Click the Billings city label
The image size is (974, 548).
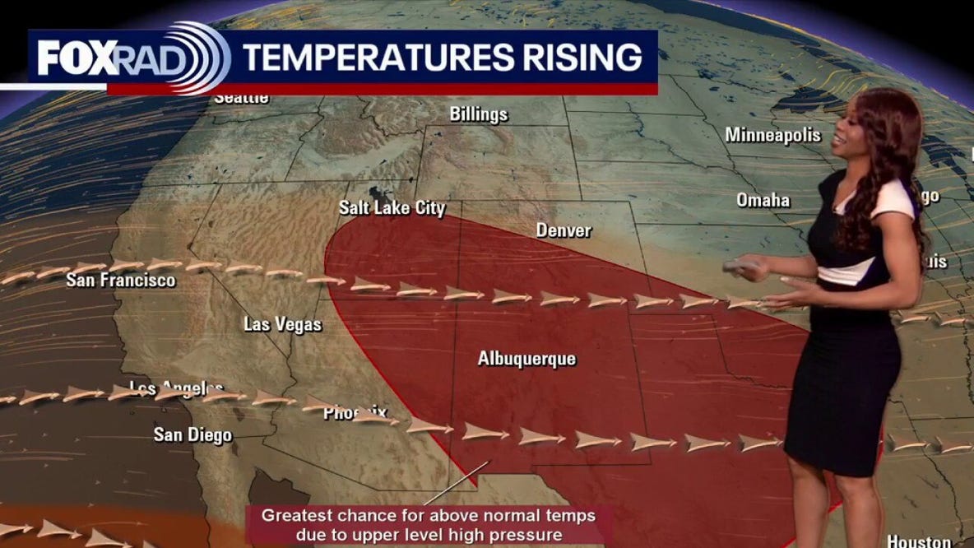tap(479, 114)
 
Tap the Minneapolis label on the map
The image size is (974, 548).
tap(772, 134)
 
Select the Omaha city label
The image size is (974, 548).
tap(763, 200)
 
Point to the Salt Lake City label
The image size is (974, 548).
tap(392, 208)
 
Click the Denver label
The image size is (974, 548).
tap(564, 230)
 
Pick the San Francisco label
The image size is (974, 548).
tap(120, 281)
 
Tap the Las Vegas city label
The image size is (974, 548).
tap(282, 324)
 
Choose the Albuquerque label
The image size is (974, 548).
tap(526, 359)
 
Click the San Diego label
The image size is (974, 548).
tap(192, 434)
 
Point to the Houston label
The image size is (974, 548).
tap(919, 541)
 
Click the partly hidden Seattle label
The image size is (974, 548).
tap(242, 98)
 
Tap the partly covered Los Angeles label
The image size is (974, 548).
tap(176, 387)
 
